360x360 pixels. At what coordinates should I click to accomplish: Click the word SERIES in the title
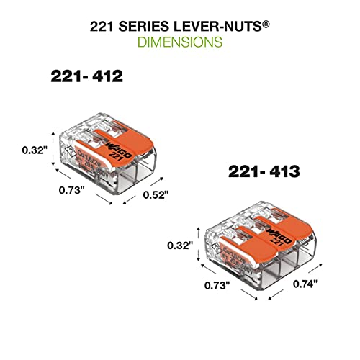click(142, 26)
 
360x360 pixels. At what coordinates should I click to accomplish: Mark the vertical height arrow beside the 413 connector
click(199, 246)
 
